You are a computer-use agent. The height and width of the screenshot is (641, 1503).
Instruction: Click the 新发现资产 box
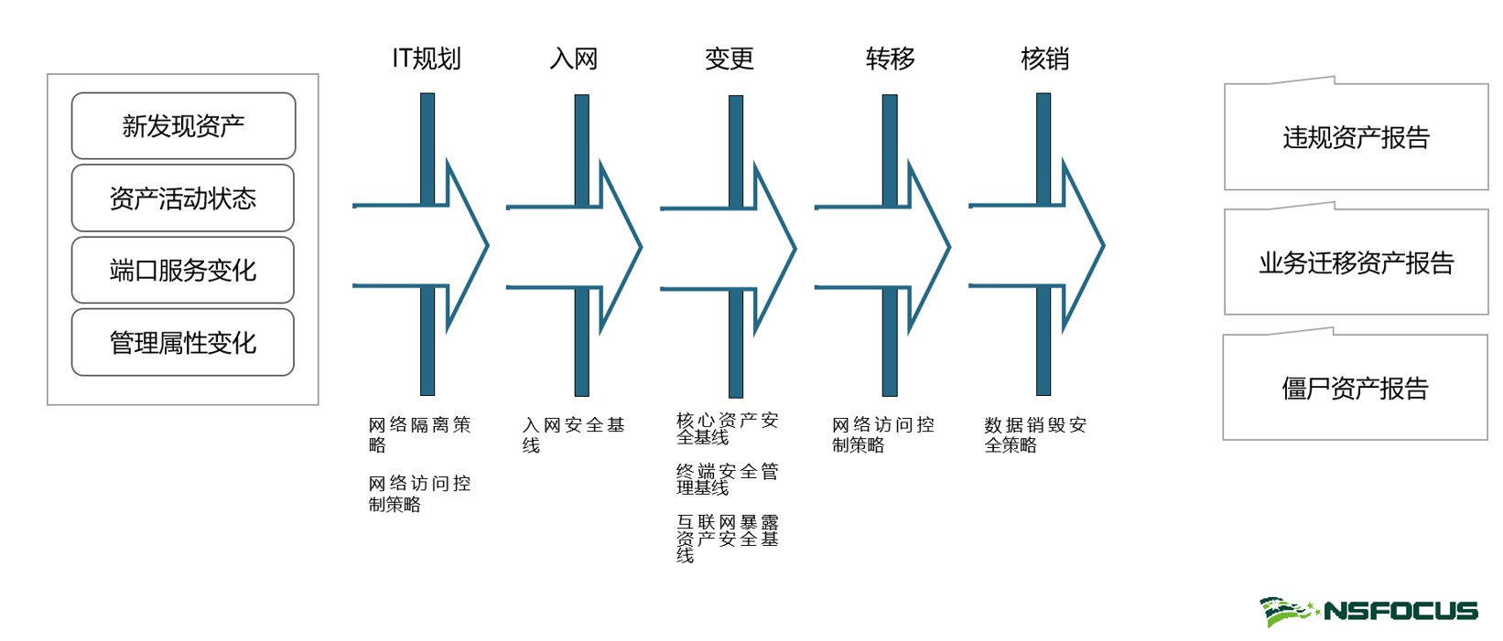pyautogui.click(x=183, y=126)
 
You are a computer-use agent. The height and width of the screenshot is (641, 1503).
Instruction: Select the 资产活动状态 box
pyautogui.click(x=183, y=198)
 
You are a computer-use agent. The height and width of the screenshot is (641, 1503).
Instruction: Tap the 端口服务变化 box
pyautogui.click(x=183, y=271)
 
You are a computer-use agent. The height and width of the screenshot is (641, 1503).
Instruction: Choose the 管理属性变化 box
pyautogui.click(x=183, y=343)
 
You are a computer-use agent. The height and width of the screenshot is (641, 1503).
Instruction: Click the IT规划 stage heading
pyautogui.click(x=427, y=59)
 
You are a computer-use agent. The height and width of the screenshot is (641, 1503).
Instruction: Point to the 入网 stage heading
pyautogui.click(x=574, y=59)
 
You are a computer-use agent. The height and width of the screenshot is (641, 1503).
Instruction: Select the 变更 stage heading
pyautogui.click(x=730, y=59)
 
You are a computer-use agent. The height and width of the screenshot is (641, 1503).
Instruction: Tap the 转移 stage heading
pyautogui.click(x=891, y=59)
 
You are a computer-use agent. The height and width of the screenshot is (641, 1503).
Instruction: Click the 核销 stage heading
pyautogui.click(x=1044, y=59)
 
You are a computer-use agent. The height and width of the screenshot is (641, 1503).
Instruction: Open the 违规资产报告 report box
pyautogui.click(x=1356, y=137)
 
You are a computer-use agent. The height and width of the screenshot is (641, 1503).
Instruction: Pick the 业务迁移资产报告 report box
pyautogui.click(x=1356, y=263)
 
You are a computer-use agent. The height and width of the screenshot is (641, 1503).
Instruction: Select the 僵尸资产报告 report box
pyautogui.click(x=1355, y=389)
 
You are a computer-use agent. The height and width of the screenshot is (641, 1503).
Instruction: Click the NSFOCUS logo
pyautogui.click(x=1368, y=611)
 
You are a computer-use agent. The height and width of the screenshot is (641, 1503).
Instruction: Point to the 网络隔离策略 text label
pyautogui.click(x=419, y=434)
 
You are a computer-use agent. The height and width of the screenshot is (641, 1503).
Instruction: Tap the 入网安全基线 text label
pyautogui.click(x=573, y=434)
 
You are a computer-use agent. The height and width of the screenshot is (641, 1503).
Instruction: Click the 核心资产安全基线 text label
pyautogui.click(x=727, y=428)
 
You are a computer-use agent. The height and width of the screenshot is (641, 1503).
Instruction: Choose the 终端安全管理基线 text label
pyautogui.click(x=727, y=479)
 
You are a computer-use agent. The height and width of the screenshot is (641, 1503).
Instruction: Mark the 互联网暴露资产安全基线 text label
pyautogui.click(x=727, y=538)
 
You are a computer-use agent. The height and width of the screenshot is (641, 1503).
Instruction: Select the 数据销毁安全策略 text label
pyautogui.click(x=1035, y=434)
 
